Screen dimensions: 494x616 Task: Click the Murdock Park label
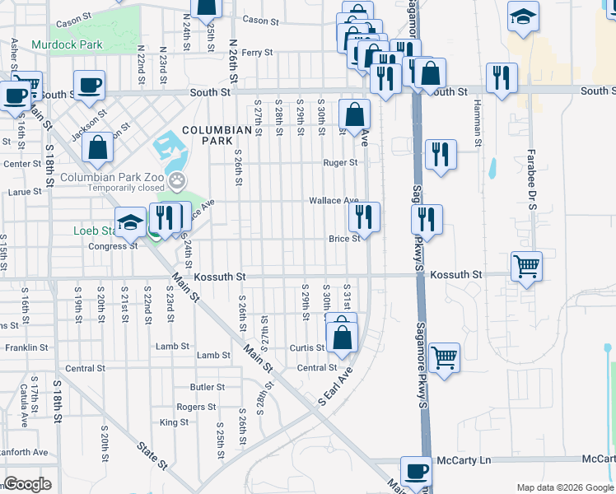tap(67, 44)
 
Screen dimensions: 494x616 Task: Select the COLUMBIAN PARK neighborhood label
tap(217, 137)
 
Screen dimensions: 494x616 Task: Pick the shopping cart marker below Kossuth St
tap(445, 357)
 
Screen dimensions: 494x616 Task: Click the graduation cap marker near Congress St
tap(129, 222)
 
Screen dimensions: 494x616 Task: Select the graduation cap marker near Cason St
tap(523, 17)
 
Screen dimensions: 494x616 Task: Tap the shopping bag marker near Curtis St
tap(342, 337)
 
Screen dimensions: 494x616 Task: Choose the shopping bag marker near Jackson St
tap(98, 148)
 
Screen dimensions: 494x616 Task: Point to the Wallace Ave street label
tap(334, 201)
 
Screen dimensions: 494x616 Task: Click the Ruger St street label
tap(340, 163)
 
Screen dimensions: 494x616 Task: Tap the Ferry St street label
tap(257, 53)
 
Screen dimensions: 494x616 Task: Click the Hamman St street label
tap(477, 123)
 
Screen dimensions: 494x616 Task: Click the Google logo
tap(27, 484)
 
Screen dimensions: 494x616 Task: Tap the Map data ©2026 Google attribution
tap(564, 487)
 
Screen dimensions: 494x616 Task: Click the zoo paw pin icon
tap(176, 180)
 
